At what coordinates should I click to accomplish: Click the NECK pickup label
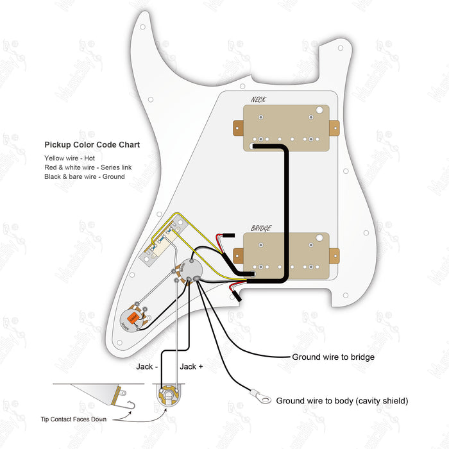[x=259, y=99]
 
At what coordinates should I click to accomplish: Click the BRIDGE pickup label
[x=260, y=228]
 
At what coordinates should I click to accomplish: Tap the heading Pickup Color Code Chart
[x=92, y=145]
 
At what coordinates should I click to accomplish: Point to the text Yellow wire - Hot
[x=70, y=158]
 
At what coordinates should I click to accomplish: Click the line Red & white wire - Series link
[x=88, y=167]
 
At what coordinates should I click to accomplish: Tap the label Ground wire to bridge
[x=333, y=357]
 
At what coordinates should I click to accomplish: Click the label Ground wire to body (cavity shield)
[x=342, y=401]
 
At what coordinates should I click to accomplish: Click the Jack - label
[x=146, y=366]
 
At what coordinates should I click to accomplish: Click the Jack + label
[x=192, y=366]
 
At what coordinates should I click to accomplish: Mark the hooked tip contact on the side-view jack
[x=132, y=402]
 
